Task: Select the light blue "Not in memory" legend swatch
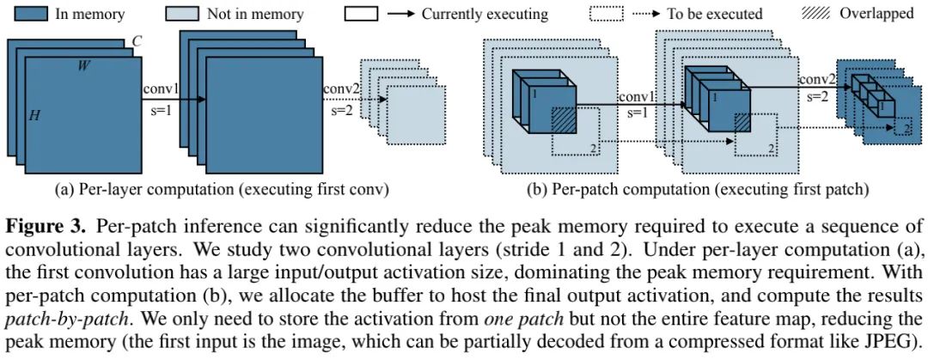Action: point(178,14)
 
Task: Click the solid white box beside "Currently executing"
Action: point(362,14)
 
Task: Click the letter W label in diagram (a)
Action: point(82,65)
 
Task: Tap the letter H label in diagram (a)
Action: point(35,115)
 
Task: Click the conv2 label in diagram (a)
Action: point(341,88)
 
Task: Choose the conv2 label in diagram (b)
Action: point(816,80)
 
